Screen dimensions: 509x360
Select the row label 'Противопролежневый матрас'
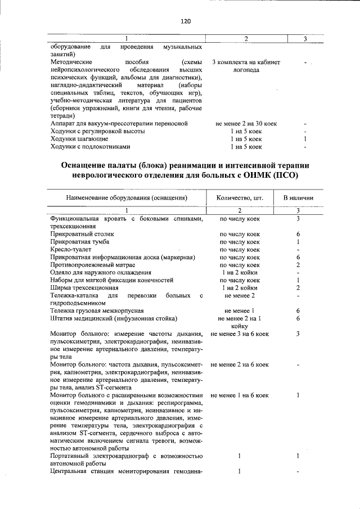point(94,264)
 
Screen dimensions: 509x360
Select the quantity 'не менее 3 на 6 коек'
point(239,334)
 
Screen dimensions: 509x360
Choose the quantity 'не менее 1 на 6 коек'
point(239,396)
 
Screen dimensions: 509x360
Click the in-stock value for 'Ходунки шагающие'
point(304,139)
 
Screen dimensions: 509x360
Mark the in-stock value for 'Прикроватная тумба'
point(298,241)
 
